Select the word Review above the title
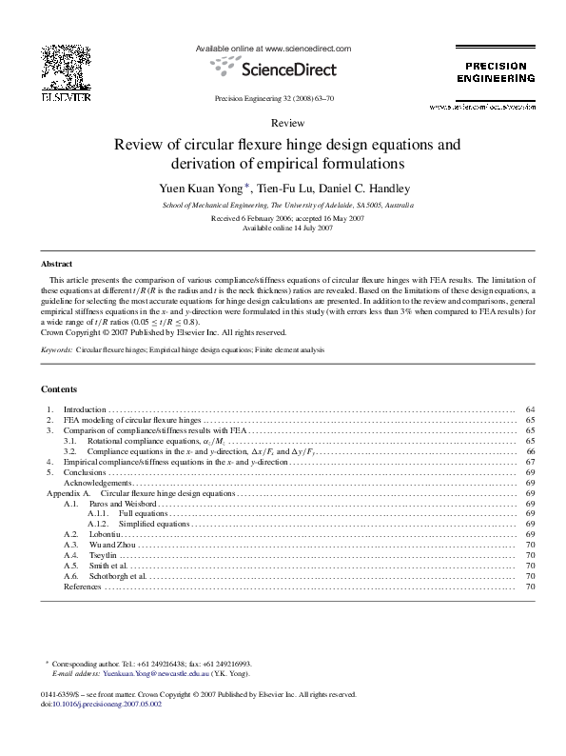(x=286, y=124)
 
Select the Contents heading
(x=59, y=388)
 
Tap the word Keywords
(x=58, y=350)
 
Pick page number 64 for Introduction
(x=531, y=409)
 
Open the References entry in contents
(x=82, y=587)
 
